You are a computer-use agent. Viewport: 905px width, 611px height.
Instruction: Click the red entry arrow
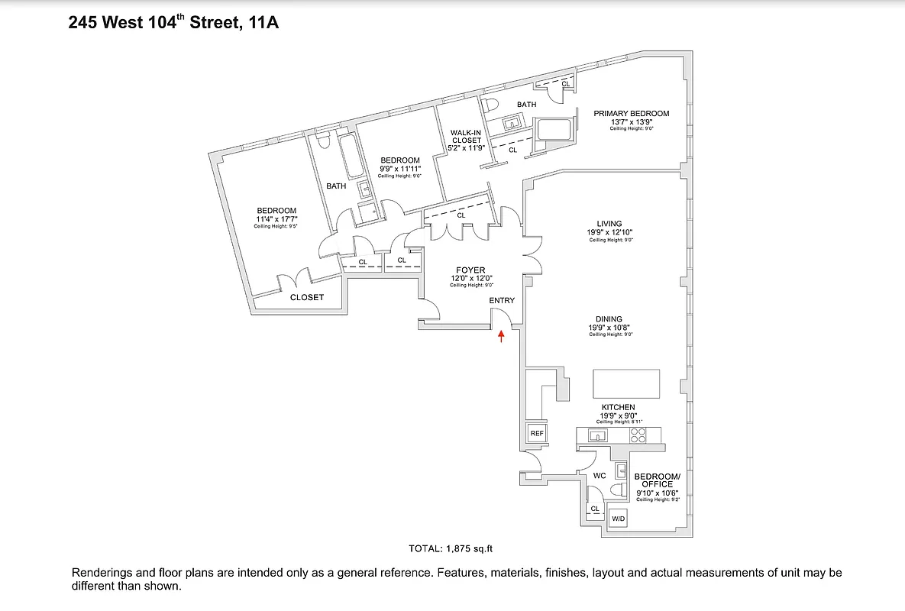501,335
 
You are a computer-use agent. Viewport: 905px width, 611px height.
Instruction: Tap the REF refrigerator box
537,433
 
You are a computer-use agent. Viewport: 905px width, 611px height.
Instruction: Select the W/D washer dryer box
618,519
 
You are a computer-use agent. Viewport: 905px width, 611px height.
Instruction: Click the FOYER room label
471,270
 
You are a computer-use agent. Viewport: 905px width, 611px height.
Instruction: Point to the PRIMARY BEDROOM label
631,114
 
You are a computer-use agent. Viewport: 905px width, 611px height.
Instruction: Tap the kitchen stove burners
637,435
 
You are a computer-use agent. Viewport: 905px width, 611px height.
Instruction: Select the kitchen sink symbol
597,436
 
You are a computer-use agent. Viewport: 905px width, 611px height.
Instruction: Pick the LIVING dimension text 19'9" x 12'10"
611,232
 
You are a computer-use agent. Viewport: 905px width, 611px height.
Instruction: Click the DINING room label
609,319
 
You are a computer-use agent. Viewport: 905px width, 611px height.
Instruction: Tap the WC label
600,476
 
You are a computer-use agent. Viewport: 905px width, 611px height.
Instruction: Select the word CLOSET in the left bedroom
306,297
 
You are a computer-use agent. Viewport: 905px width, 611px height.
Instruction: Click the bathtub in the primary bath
555,129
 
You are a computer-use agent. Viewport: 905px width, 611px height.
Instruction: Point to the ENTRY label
502,300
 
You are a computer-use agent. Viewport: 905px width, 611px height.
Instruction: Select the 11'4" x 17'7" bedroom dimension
276,219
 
